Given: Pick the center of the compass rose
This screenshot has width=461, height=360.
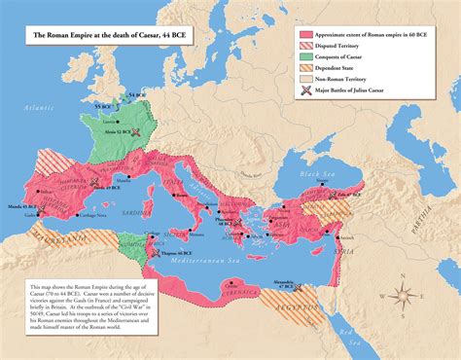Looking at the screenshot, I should (x=408, y=295).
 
